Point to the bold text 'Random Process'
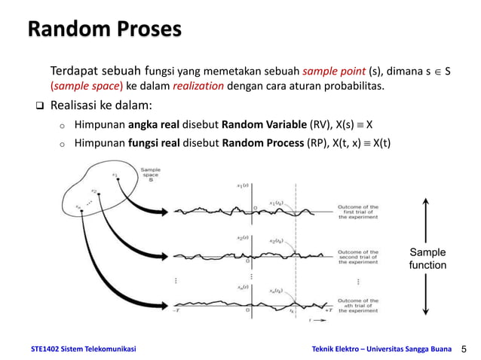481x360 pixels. click(268, 143)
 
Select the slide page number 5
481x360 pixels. click(464, 349)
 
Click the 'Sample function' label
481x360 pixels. click(427, 258)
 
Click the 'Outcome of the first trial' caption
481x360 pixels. click(358, 212)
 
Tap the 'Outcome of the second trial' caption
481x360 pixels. click(358, 257)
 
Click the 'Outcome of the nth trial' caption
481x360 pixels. click(358, 305)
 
